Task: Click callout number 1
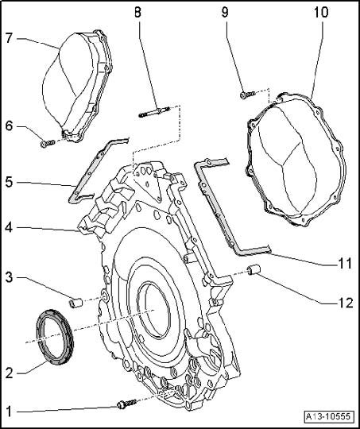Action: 10,412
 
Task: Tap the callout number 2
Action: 10,373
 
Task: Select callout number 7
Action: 9,38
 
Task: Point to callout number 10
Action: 321,12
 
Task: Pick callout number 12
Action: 346,303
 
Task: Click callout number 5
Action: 9,183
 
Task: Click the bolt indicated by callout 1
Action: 128,404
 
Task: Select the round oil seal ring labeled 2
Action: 55,337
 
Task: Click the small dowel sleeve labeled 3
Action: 75,303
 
